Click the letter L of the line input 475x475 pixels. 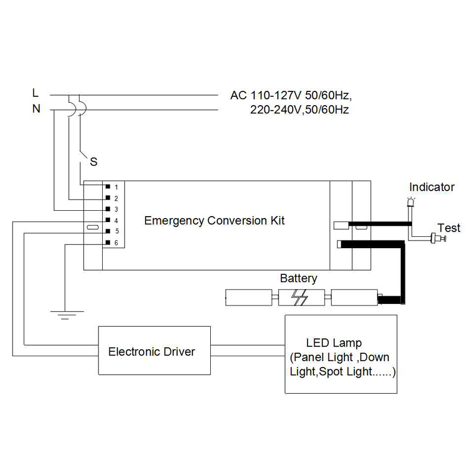pyautogui.click(x=36, y=93)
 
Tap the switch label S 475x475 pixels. pyautogui.click(x=93, y=161)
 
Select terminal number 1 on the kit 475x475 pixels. pyautogui.click(x=116, y=187)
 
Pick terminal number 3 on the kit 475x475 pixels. pyautogui.click(x=116, y=210)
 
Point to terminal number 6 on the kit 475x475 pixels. pyautogui.click(x=116, y=243)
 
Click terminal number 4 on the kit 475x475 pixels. pyautogui.click(x=116, y=221)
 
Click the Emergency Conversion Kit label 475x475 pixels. pyautogui.click(x=215, y=221)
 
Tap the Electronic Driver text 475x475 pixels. pyautogui.click(x=151, y=351)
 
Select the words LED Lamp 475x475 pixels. pyautogui.click(x=334, y=343)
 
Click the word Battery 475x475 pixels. pyautogui.click(x=299, y=278)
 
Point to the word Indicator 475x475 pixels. pyautogui.click(x=432, y=188)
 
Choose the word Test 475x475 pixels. pyautogui.click(x=449, y=228)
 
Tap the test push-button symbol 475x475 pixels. pyautogui.click(x=438, y=239)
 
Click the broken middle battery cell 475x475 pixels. pyautogui.click(x=302, y=297)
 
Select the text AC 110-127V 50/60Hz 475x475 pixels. pyautogui.click(x=295, y=96)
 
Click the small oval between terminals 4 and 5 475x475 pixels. pyautogui.click(x=92, y=226)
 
